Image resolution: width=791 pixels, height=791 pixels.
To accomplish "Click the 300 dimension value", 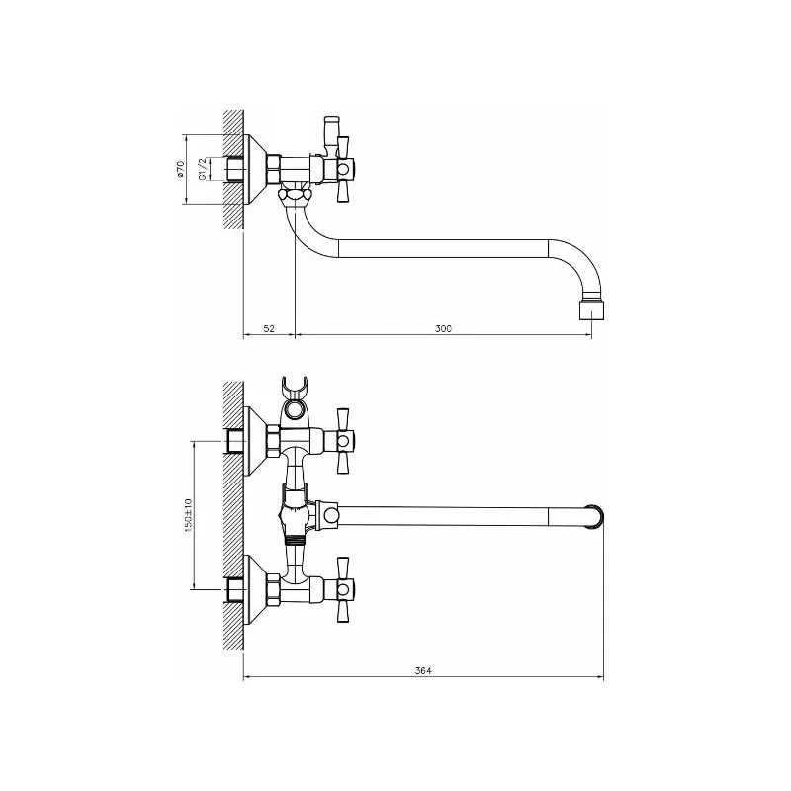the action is click(443, 329).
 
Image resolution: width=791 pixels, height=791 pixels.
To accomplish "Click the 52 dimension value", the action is click(269, 329).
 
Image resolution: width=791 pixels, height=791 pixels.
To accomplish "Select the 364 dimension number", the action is click(423, 671).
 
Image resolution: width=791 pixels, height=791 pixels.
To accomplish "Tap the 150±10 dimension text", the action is click(188, 515).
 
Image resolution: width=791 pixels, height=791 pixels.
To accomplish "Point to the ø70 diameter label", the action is click(181, 169).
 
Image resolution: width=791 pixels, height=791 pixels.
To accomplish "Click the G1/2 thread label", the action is click(202, 169).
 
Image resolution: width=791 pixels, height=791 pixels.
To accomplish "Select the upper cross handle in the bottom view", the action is click(343, 441).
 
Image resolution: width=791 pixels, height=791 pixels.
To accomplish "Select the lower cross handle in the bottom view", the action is click(343, 588).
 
